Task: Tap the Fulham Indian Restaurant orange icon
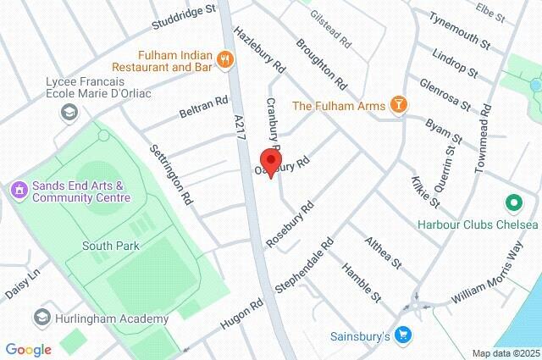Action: [x=225, y=58]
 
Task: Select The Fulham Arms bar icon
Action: [x=399, y=105]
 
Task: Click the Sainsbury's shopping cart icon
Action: [x=403, y=336]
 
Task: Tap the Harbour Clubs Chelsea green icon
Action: [x=512, y=203]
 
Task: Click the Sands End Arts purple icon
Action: [x=18, y=190]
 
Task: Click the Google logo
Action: [x=28, y=349]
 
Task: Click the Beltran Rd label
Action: [x=204, y=108]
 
